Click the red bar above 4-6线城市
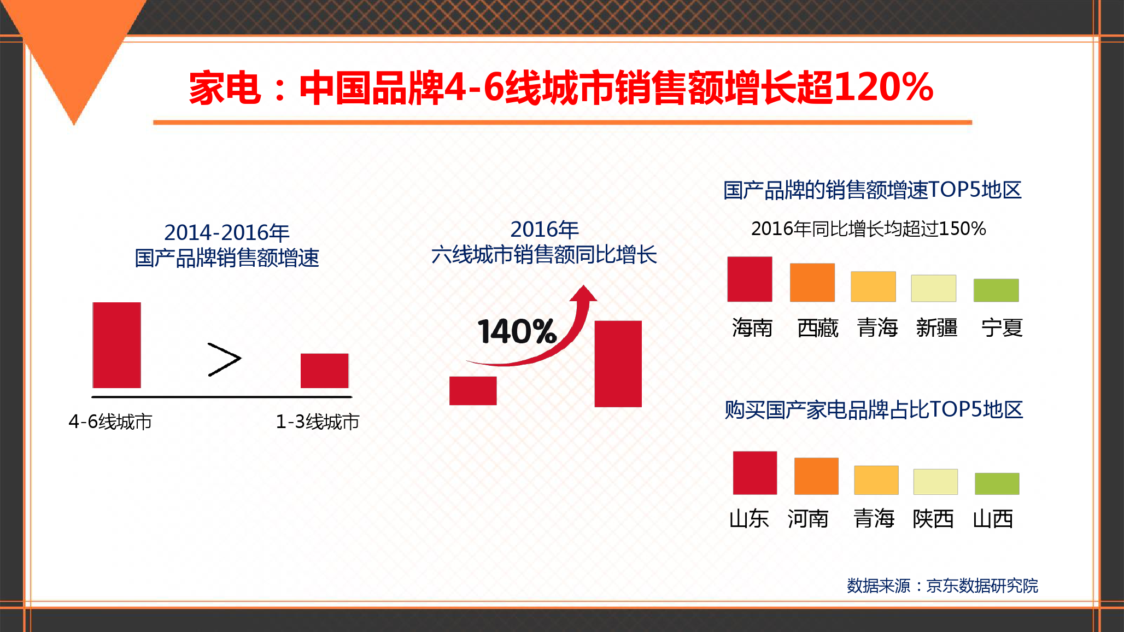click(117, 345)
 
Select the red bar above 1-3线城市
click(325, 371)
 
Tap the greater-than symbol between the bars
click(224, 360)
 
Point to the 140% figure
click(517, 331)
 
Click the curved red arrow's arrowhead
click(583, 294)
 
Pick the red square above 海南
click(750, 279)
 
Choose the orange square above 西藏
click(812, 283)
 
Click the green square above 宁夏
click(996, 290)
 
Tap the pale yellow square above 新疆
click(934, 288)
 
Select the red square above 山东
click(755, 473)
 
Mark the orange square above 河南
click(816, 476)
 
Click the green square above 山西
click(997, 484)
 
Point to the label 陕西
click(933, 519)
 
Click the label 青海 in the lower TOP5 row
click(874, 519)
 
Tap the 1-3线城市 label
click(318, 422)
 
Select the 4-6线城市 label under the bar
click(110, 422)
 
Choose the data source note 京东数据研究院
click(982, 586)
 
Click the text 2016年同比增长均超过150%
click(868, 229)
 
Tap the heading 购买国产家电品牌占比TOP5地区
click(874, 409)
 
